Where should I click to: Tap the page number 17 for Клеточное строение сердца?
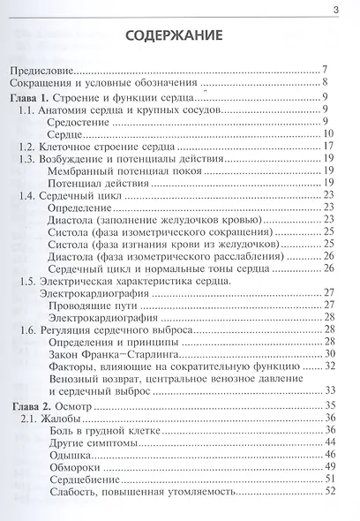click(326, 146)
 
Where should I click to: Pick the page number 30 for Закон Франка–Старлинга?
click(326, 353)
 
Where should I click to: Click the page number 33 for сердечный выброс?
click(326, 389)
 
